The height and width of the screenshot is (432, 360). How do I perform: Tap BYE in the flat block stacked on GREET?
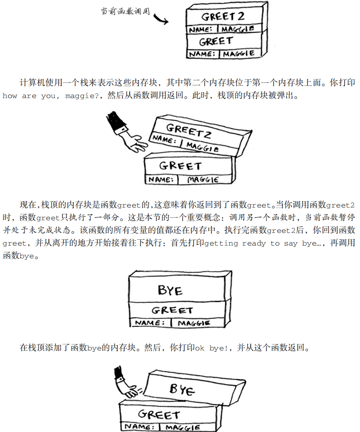170,290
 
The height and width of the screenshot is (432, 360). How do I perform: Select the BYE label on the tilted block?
182,389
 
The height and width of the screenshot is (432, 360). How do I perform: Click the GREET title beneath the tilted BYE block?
159,414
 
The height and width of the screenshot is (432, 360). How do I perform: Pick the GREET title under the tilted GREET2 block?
180,166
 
